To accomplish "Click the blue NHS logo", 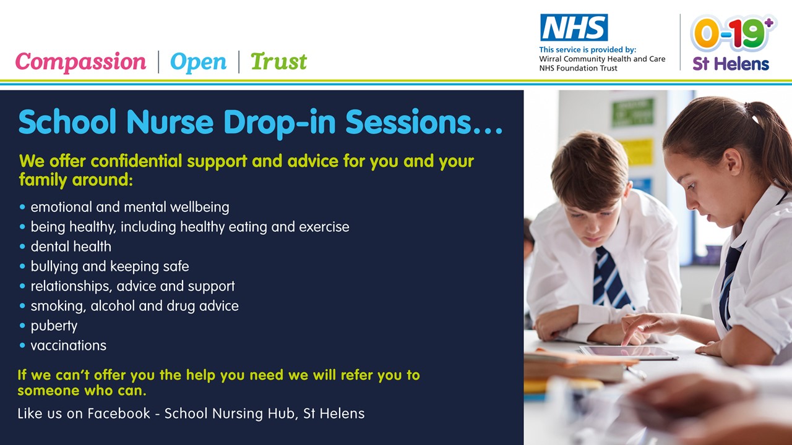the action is (574, 28).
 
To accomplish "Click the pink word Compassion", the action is (80, 62).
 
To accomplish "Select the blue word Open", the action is (198, 62).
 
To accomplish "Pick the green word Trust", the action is (278, 61).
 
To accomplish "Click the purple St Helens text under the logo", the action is (731, 64).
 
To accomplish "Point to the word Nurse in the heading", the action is (170, 122).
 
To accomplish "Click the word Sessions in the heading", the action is (408, 122).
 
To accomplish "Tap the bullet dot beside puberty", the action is (23, 325).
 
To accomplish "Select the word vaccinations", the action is (68, 345).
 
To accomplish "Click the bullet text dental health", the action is (71, 247).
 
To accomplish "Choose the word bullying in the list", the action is (54, 266).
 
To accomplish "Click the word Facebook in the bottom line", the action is (119, 413).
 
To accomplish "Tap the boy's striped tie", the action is (611, 278).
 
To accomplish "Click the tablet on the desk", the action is (629, 352).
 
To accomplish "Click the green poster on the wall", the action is (632, 112).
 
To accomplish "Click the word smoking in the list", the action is (58, 306).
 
